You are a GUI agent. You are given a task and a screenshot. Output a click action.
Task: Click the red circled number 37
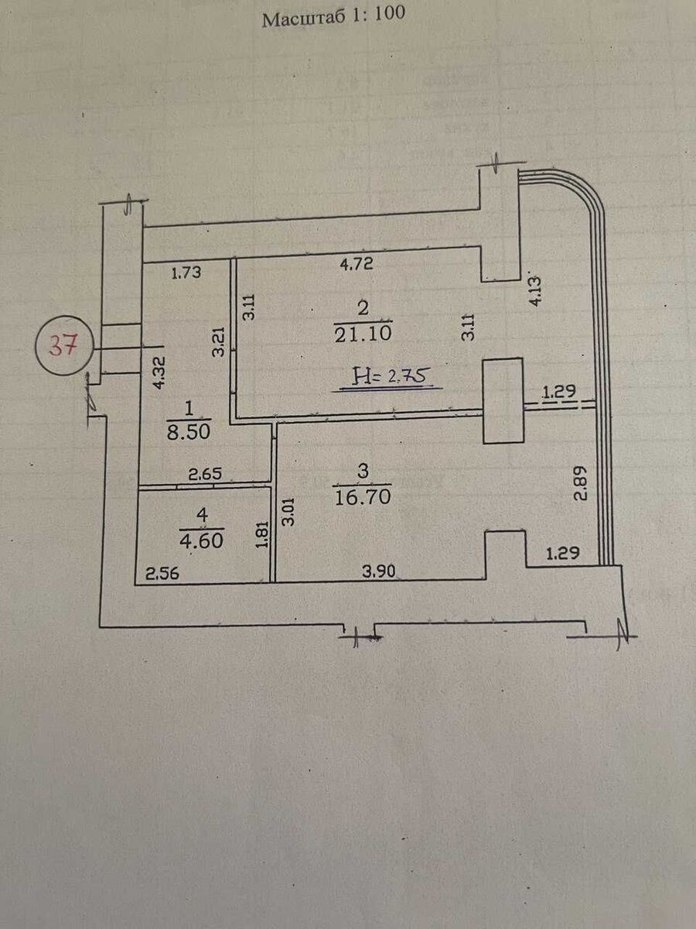point(64,345)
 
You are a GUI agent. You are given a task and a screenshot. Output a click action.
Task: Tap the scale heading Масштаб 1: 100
point(333,17)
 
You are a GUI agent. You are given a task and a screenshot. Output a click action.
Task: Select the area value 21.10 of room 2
point(363,334)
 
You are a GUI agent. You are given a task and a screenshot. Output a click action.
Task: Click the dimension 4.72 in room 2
point(357,264)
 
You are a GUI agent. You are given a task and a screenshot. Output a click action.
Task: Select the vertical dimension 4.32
point(158,372)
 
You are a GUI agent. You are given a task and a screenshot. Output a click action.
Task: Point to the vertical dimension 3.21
point(219,341)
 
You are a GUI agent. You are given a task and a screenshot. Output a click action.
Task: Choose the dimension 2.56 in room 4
point(159,574)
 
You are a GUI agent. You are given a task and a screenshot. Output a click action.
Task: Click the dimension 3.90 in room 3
point(379,573)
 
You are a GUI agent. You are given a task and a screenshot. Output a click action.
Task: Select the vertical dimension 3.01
point(289,512)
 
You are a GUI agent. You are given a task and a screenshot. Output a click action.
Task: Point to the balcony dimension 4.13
point(534,290)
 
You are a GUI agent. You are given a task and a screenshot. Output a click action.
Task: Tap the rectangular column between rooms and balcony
point(503,401)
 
